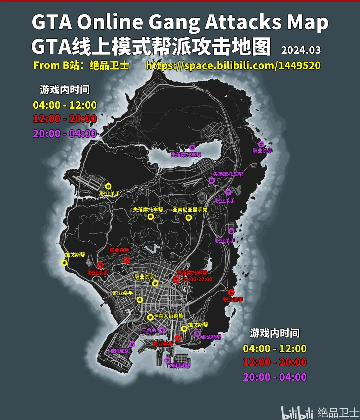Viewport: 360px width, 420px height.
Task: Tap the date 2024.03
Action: click(301, 50)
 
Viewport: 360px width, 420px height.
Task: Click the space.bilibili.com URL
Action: click(233, 65)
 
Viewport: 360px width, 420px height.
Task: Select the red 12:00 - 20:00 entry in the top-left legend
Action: click(65, 119)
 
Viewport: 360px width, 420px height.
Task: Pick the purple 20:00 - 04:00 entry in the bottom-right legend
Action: click(275, 377)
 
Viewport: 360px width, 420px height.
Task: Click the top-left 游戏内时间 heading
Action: click(65, 90)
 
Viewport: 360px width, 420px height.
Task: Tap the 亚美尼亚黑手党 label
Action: click(190, 210)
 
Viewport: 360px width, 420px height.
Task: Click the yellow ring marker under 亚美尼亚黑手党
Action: click(189, 217)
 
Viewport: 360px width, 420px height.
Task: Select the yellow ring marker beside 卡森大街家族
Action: click(150, 317)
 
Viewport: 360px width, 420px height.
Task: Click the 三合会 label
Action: click(149, 330)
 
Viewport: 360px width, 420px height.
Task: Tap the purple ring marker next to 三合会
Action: click(162, 330)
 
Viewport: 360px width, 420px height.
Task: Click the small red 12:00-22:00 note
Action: click(198, 279)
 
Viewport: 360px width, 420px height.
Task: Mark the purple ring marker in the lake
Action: click(192, 147)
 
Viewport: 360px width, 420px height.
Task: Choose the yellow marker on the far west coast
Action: click(64, 262)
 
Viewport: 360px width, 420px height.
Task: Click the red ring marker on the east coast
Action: click(231, 292)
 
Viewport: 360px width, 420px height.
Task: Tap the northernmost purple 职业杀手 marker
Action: click(261, 144)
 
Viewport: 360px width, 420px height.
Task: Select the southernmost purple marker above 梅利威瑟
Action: click(167, 360)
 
